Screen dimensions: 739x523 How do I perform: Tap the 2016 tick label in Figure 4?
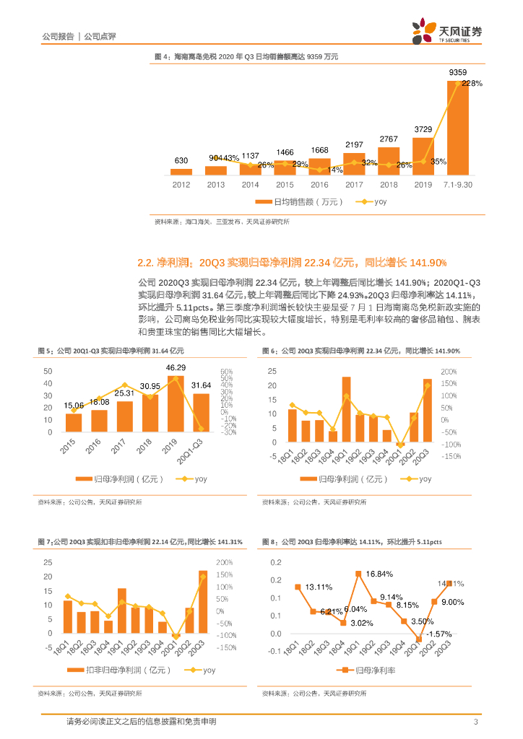[x=319, y=184]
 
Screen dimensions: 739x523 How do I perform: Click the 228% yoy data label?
[x=472, y=84]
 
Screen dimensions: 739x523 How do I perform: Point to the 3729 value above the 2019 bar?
[x=423, y=129]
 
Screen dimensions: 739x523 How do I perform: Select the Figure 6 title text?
[x=360, y=351]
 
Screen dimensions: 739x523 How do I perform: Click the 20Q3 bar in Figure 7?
[x=202, y=603]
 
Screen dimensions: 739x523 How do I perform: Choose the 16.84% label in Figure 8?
[x=380, y=574]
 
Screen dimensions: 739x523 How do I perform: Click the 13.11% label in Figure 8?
[x=319, y=586]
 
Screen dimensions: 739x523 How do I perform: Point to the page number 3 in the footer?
[x=475, y=722]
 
